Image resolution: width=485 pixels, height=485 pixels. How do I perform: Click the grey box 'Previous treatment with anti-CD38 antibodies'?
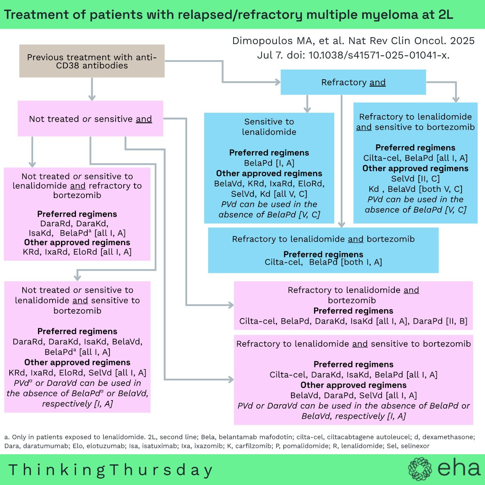[x=92, y=61]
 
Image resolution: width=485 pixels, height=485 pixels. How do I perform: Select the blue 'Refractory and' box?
[x=353, y=82]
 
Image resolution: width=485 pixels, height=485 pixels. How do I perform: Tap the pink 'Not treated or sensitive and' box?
[x=91, y=118]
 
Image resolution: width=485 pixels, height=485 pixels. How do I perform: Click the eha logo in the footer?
[x=444, y=468]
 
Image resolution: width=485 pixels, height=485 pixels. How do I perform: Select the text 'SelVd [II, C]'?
[x=415, y=179]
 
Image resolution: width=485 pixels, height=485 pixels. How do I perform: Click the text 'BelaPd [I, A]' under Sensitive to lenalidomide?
[x=269, y=163]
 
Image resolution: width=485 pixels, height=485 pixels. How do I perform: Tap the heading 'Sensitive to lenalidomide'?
[x=269, y=127]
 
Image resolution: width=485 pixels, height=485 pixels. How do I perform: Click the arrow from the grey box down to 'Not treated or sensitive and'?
[x=92, y=89]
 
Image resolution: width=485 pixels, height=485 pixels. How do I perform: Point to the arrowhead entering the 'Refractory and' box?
[x=278, y=82]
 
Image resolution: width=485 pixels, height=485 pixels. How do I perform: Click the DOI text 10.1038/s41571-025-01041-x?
[x=379, y=55]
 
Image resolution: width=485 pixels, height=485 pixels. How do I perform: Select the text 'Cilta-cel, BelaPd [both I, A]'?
[x=323, y=262]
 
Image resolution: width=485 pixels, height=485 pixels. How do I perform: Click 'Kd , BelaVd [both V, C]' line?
[x=415, y=189]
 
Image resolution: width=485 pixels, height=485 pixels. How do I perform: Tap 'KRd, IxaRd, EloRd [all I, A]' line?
[x=77, y=252]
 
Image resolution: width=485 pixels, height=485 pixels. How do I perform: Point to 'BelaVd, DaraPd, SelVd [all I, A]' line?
[x=353, y=395]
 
